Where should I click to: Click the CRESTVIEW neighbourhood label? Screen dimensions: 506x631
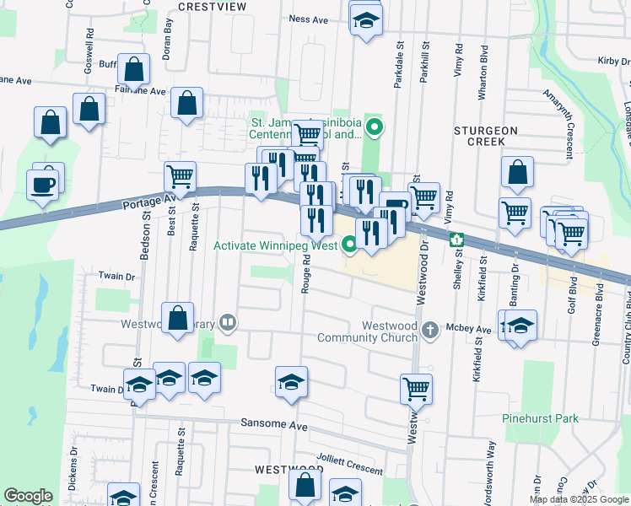tap(213, 7)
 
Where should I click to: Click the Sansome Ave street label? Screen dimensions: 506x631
tap(274, 425)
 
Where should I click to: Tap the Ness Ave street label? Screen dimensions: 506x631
tap(308, 19)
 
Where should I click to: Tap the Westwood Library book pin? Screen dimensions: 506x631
tap(228, 322)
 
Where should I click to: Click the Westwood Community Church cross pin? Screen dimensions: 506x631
tap(431, 329)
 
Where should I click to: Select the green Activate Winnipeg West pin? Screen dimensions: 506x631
tap(351, 246)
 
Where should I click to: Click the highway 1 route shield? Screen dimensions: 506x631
tap(456, 240)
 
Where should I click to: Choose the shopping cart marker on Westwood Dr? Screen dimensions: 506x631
tap(416, 390)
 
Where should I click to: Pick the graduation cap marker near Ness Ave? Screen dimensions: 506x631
tap(366, 21)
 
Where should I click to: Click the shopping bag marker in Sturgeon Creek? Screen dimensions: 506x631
tap(517, 172)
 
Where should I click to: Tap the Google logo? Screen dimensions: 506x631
tap(28, 496)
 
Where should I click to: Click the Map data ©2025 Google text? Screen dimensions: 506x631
tap(578, 499)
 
